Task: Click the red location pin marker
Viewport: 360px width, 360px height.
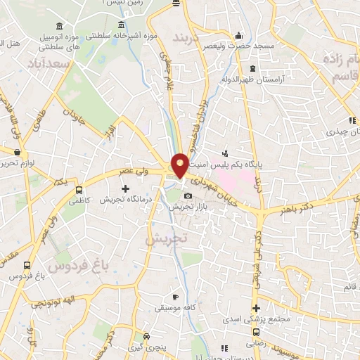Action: tap(180, 165)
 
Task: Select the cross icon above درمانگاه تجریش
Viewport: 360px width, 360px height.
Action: tap(126, 188)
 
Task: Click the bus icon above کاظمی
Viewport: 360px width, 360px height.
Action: tap(78, 190)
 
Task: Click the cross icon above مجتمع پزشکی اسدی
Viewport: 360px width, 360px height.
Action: tap(257, 308)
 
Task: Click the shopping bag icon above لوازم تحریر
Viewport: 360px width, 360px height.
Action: tap(16, 150)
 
